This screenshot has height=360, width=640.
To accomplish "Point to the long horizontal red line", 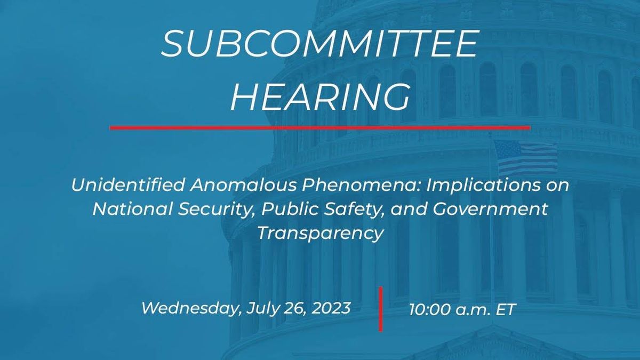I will click(320, 128).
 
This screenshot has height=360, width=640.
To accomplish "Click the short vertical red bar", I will click(381, 309).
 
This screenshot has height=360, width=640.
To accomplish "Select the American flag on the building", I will click(525, 157).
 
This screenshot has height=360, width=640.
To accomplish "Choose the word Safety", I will click(353, 209).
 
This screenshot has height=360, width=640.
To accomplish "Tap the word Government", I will click(490, 209).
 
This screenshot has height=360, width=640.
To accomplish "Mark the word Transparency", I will click(320, 233).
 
